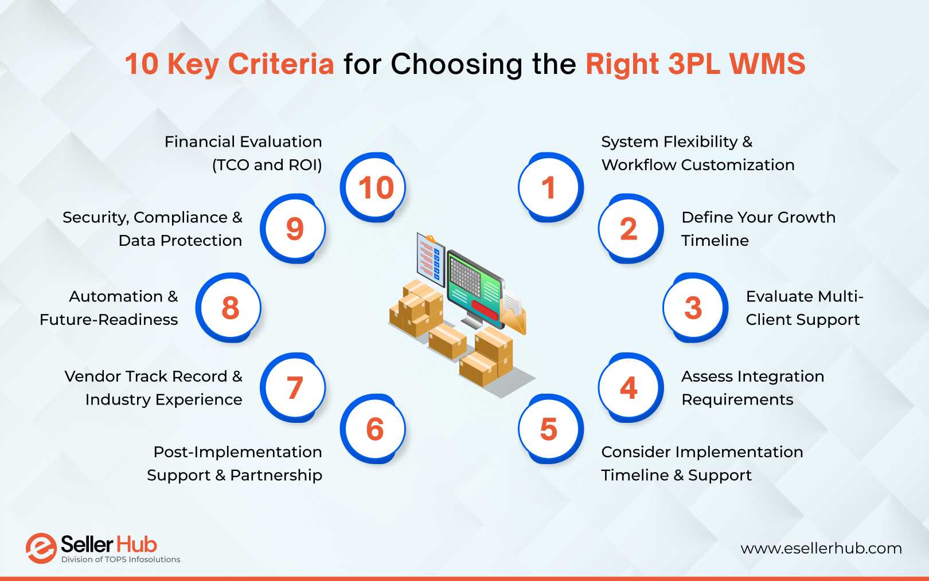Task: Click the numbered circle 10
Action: point(373,187)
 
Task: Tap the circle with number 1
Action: point(549,187)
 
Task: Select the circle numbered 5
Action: point(549,429)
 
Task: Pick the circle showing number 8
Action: point(229,308)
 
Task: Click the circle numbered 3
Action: point(694,308)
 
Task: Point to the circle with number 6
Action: point(373,429)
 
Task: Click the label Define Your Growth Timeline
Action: point(758,229)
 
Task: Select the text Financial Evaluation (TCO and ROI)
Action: point(243,153)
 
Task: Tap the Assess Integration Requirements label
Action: point(752,388)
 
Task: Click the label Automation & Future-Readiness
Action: point(109,308)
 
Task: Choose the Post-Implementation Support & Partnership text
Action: point(235,464)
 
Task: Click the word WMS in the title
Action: point(767,64)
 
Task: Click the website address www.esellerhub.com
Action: point(821,548)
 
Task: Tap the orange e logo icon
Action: point(41,548)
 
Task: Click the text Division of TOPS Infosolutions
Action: point(120,560)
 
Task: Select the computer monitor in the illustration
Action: point(475,286)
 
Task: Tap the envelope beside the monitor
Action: point(513,312)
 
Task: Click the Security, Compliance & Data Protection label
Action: point(153,229)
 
